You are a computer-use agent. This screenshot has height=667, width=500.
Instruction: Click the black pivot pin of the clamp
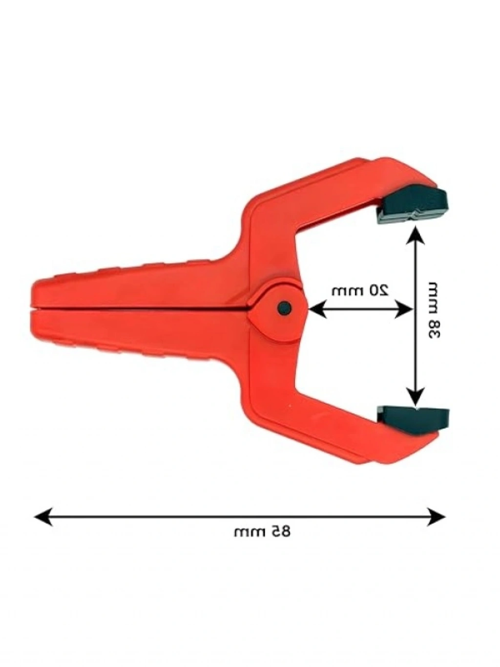pos(285,308)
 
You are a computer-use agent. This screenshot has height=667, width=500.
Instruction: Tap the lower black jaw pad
pos(413,419)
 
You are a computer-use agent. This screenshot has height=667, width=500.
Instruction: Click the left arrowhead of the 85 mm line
pos(43,516)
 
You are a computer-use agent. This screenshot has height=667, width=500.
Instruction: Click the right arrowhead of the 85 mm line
pos(436,516)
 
